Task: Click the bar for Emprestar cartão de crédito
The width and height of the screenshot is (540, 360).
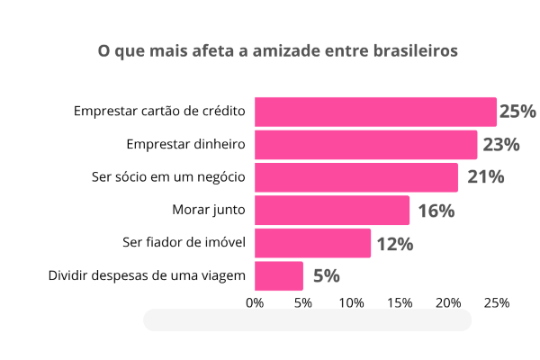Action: (x=375, y=112)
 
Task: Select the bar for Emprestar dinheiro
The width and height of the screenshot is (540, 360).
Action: (x=365, y=145)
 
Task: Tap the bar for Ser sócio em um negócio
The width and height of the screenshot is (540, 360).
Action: (x=356, y=177)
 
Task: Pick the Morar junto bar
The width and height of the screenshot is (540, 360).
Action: (x=332, y=211)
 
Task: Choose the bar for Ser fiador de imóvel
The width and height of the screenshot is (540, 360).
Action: (x=312, y=243)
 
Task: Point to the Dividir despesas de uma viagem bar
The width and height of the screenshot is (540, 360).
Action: (x=279, y=275)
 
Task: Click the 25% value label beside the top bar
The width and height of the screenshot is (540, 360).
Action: (x=517, y=112)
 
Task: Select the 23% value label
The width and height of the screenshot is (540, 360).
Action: (x=501, y=145)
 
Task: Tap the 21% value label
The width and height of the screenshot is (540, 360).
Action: (x=485, y=177)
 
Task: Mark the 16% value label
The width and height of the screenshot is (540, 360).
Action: (x=436, y=211)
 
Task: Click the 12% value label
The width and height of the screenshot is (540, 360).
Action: (x=394, y=244)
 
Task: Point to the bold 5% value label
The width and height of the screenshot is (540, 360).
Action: (x=326, y=276)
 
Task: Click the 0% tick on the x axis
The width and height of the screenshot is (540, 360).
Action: (x=255, y=303)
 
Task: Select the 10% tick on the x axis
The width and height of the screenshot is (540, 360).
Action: (x=351, y=303)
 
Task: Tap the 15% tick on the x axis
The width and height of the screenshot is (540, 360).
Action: (x=400, y=303)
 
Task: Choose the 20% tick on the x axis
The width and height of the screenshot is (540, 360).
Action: (x=448, y=303)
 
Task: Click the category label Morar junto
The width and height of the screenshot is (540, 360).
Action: (x=209, y=211)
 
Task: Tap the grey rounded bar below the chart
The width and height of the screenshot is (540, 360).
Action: (x=307, y=320)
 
